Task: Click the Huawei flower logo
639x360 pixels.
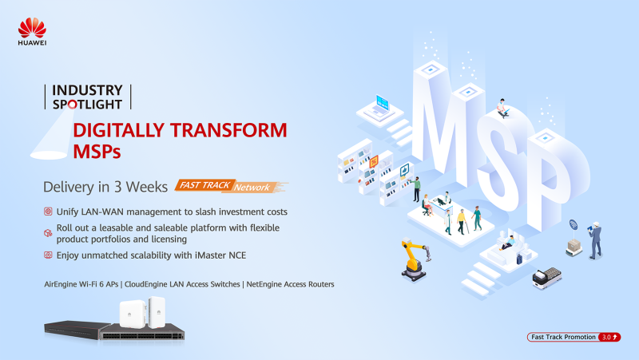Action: (x=32, y=28)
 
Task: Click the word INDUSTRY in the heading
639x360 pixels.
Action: (x=87, y=90)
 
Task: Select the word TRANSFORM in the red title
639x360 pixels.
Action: (x=228, y=130)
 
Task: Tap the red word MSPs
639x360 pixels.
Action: (x=97, y=152)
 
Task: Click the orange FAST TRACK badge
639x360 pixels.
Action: (x=205, y=185)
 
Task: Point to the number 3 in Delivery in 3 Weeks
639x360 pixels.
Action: (x=117, y=187)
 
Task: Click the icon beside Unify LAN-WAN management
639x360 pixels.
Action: (x=48, y=212)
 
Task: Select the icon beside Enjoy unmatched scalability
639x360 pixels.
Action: (x=48, y=255)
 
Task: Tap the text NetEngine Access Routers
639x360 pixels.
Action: (x=290, y=284)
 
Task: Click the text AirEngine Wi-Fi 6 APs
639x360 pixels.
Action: (x=81, y=284)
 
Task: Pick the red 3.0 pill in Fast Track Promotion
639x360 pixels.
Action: (x=609, y=337)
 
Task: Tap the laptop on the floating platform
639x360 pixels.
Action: (x=380, y=105)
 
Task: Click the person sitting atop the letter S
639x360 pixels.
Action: (x=502, y=109)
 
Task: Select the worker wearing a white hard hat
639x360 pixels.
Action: (x=595, y=240)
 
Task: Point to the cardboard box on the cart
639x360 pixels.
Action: (x=574, y=245)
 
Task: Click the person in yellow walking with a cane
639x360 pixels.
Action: (x=462, y=222)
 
